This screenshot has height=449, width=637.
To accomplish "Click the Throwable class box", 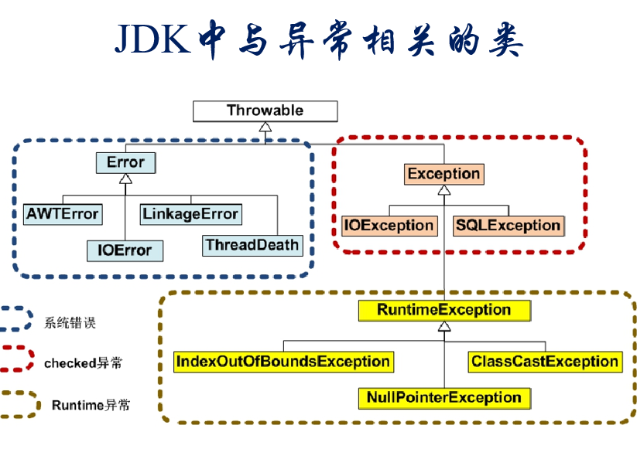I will coord(265,111).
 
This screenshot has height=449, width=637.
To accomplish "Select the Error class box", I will coord(125,162).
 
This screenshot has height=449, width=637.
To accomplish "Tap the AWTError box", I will coord(63,213).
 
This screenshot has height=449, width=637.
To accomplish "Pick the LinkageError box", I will coord(190,213).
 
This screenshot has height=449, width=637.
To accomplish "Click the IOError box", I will coord(125,250).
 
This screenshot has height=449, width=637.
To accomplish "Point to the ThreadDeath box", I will coord(252,245).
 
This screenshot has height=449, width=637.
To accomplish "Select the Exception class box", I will coord(444,173).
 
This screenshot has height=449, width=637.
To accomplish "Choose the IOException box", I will coord(389,226).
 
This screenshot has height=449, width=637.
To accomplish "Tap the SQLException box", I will coord(508,226).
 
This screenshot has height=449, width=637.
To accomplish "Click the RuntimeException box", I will coord(444,310).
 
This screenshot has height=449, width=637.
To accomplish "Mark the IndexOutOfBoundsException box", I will coord(283,361).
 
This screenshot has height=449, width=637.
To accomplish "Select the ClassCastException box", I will coord(545,361).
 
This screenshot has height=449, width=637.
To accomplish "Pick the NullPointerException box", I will coord(444,398).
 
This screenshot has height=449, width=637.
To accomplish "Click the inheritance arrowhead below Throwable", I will coord(265,127).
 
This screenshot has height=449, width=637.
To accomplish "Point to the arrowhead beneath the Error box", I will coord(125,179).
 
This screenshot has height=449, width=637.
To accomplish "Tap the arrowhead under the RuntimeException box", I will coord(444,326).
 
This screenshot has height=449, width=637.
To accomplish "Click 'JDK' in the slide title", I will coord(152,40).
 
